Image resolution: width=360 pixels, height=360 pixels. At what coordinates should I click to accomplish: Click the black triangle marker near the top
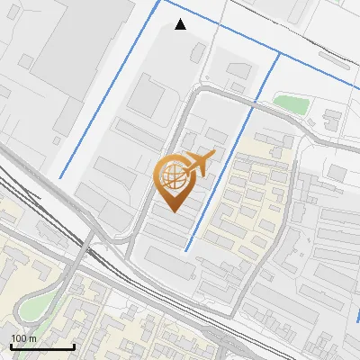tap(181, 24)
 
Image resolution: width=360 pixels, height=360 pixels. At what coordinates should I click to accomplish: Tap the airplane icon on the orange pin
tap(199, 163)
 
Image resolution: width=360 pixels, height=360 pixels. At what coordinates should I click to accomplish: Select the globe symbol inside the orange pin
tap(173, 176)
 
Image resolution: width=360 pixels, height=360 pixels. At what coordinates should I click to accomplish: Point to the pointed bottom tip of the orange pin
tap(173, 211)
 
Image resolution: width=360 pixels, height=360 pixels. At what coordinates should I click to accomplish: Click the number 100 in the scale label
tap(19, 338)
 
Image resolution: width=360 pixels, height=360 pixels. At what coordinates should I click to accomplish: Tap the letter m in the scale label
tap(32, 338)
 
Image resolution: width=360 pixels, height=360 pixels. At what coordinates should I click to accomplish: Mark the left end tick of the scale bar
tap(11, 346)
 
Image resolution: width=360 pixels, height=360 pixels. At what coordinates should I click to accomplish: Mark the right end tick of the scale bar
tap(74, 346)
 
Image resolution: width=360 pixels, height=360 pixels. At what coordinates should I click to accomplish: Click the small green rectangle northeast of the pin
tap(290, 103)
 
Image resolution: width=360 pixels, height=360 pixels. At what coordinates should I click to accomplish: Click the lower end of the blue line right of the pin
tap(186, 250)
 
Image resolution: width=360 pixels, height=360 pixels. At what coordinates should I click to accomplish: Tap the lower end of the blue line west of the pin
tap(60, 177)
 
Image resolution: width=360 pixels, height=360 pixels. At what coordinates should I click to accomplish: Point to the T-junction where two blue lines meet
tap(278, 54)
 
